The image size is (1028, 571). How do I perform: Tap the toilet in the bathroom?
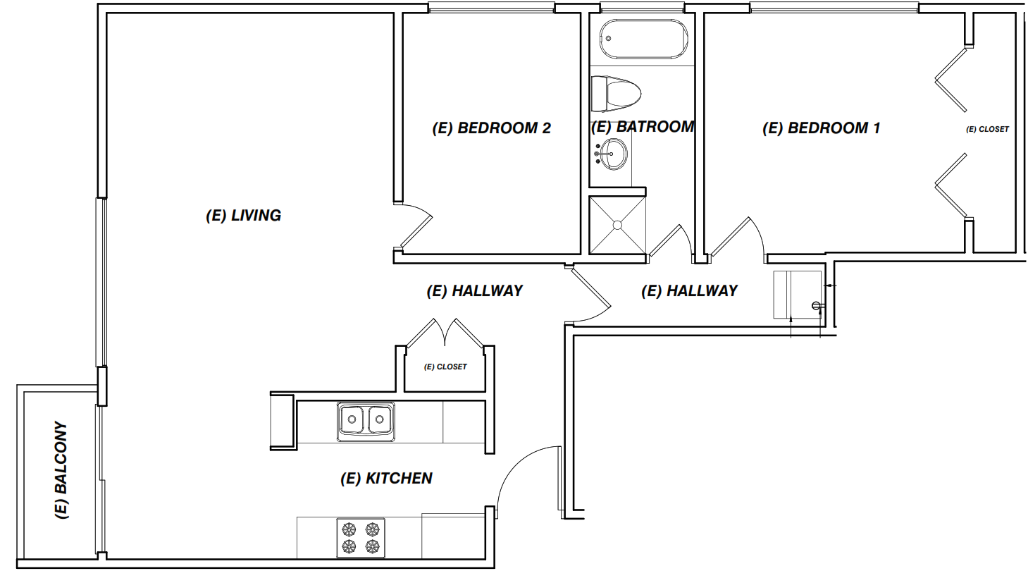[x=615, y=94]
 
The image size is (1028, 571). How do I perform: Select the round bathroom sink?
[x=612, y=154]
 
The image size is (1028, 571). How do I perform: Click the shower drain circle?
[x=617, y=225]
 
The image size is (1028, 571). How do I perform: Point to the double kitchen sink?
[x=366, y=422]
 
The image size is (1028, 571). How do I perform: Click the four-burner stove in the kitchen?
[x=361, y=538]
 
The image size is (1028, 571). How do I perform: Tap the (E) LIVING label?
[x=243, y=215]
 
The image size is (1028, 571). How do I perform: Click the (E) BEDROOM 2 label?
[x=491, y=128]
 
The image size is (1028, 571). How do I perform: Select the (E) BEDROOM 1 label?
[x=821, y=128]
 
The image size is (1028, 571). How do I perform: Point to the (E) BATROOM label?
[x=643, y=127]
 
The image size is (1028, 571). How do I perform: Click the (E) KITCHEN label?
[x=386, y=478]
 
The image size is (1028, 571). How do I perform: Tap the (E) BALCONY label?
[x=61, y=470]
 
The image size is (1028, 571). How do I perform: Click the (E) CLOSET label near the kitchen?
[x=445, y=367]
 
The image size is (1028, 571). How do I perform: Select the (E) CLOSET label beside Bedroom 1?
[x=987, y=130]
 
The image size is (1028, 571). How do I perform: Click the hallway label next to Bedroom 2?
[x=474, y=291]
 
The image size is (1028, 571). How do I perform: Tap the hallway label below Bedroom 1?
[x=689, y=291]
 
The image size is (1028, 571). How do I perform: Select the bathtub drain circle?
[x=609, y=39]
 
